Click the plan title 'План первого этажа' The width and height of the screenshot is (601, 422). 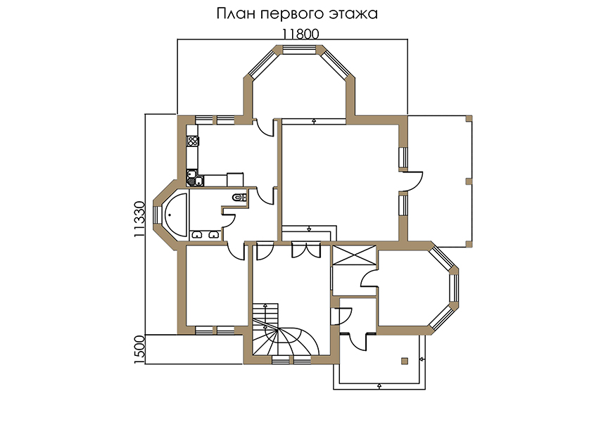click(297, 14)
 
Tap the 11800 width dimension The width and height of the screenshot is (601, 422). click(300, 34)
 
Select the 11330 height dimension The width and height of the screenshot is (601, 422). click(140, 219)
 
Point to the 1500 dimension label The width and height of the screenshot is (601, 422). click(140, 350)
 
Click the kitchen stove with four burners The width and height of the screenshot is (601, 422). click(193, 141)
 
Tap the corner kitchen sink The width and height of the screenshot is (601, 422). click(195, 178)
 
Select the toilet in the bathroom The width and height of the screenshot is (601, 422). click(239, 198)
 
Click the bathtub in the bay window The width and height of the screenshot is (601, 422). click(175, 215)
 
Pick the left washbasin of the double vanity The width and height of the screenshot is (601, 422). click(197, 235)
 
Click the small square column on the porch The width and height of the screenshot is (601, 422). click(405, 361)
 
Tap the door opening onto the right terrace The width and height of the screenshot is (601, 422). click(411, 181)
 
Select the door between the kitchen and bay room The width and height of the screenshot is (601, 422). click(265, 127)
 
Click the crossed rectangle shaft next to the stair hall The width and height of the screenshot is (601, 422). click(354, 255)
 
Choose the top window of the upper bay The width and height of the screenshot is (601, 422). click(300, 49)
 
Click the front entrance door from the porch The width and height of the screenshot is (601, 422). click(358, 342)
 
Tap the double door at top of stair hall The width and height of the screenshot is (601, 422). click(306, 250)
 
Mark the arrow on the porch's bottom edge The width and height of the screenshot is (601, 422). click(379, 385)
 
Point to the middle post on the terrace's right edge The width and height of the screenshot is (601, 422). click(469, 181)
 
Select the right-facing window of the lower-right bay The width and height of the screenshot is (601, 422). click(454, 289)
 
